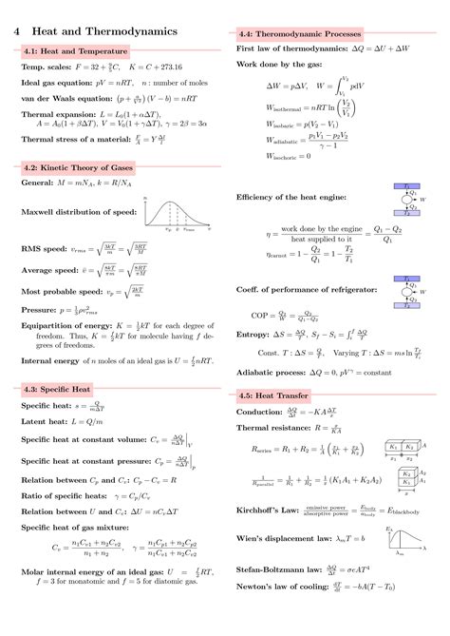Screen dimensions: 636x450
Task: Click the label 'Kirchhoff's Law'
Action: (x=269, y=511)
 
